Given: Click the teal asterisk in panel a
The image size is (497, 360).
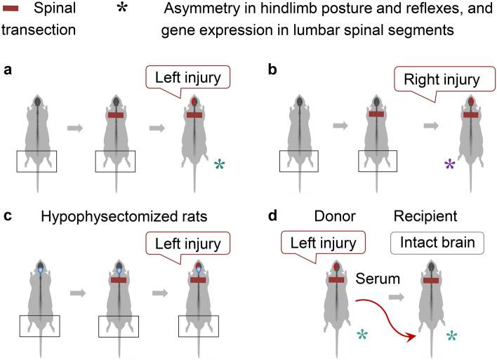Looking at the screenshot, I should coord(220,166).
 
